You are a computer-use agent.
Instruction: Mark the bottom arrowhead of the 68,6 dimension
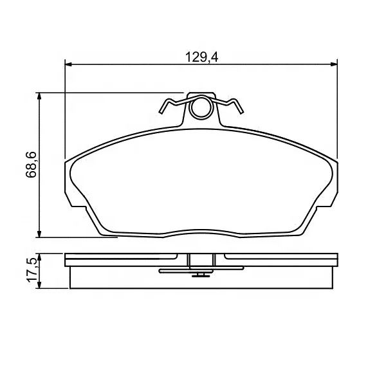41,233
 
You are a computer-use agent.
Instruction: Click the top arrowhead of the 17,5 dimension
41,256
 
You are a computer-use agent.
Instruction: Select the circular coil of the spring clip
201,107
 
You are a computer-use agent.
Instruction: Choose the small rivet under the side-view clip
201,275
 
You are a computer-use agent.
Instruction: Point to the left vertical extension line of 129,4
66,109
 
